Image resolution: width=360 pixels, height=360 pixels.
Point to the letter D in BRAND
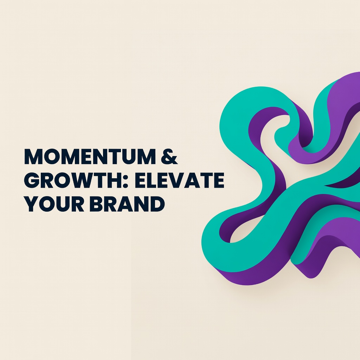pos(157,204)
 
